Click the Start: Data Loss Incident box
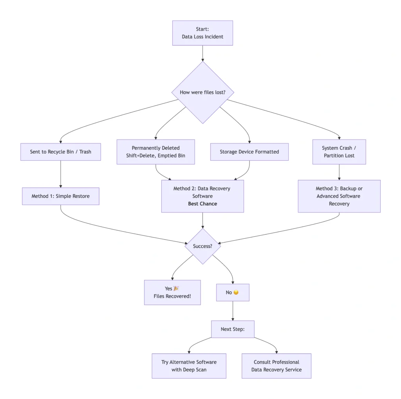pyautogui.click(x=202, y=33)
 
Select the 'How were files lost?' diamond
pyautogui.click(x=202, y=92)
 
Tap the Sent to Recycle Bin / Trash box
pyautogui.click(x=60, y=152)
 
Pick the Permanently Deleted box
pyautogui.click(x=155, y=152)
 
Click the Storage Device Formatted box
pyautogui.click(x=249, y=152)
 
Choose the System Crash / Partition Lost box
pyautogui.click(x=339, y=152)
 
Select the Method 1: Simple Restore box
pyautogui.click(x=60, y=196)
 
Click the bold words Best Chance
pyautogui.click(x=202, y=204)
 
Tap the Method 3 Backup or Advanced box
pyautogui.click(x=339, y=196)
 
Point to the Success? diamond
pyautogui.click(x=202, y=246)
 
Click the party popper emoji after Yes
pyautogui.click(x=176, y=288)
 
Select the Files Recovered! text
pyautogui.click(x=172, y=296)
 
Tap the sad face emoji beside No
pyautogui.click(x=236, y=292)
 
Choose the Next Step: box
pyautogui.click(x=233, y=329)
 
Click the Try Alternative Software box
pyautogui.click(x=189, y=366)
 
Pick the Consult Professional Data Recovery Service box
pyautogui.click(x=276, y=366)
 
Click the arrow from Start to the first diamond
pyautogui.click(x=202, y=53)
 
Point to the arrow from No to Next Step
pyautogui.click(x=233, y=311)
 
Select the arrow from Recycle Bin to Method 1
pyautogui.click(x=60, y=174)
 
